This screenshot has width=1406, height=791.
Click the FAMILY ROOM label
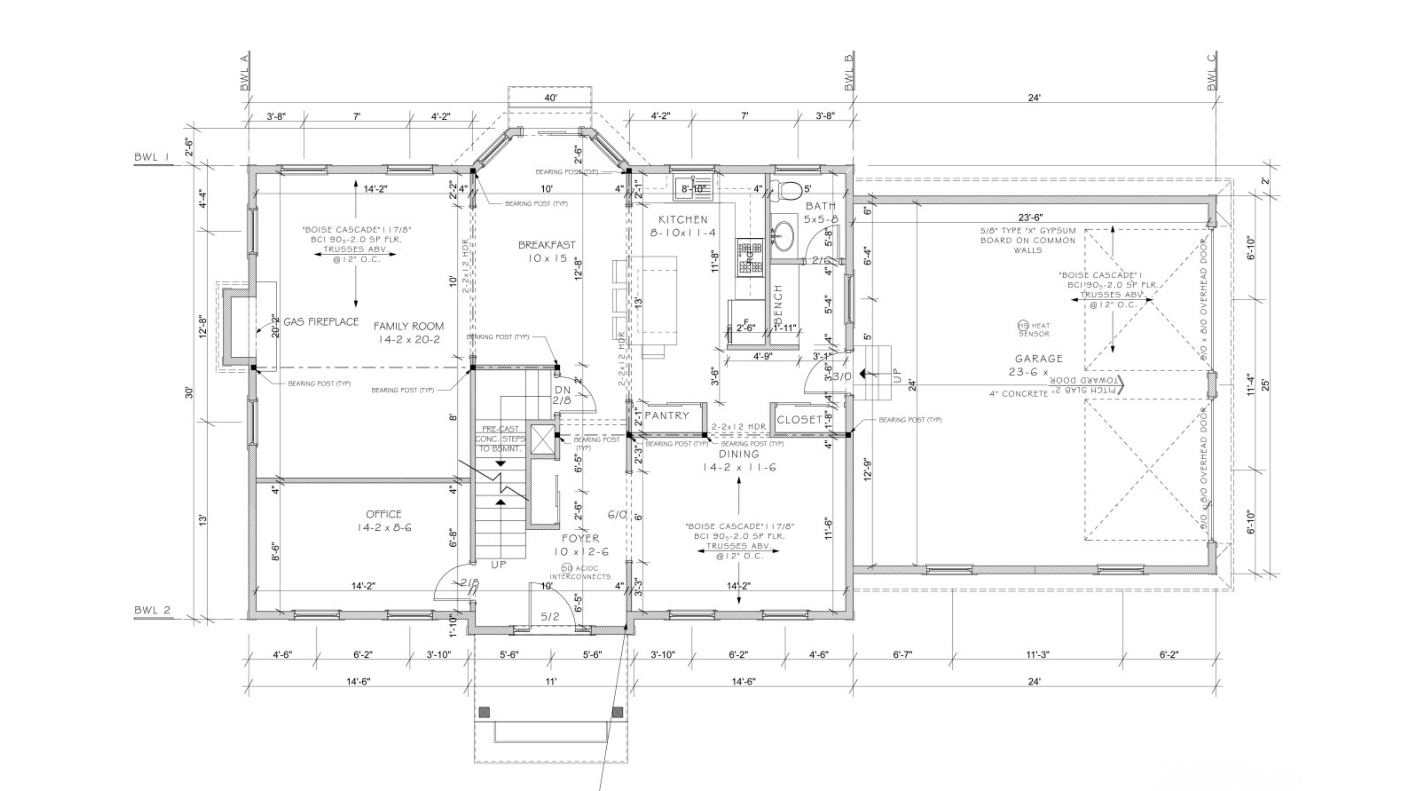coord(408,326)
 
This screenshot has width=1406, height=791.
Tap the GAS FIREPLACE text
coord(321,322)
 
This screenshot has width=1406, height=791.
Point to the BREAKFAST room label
coord(546,245)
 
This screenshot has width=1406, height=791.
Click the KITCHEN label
coord(683,219)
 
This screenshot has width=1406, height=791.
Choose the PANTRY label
coord(666,415)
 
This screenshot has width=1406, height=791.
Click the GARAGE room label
coord(1038,359)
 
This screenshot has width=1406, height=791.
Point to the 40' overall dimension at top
coord(550,98)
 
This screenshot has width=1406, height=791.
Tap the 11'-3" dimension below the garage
coord(1037,654)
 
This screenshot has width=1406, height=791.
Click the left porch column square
coord(484,712)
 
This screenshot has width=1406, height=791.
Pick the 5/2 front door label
coord(550,617)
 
